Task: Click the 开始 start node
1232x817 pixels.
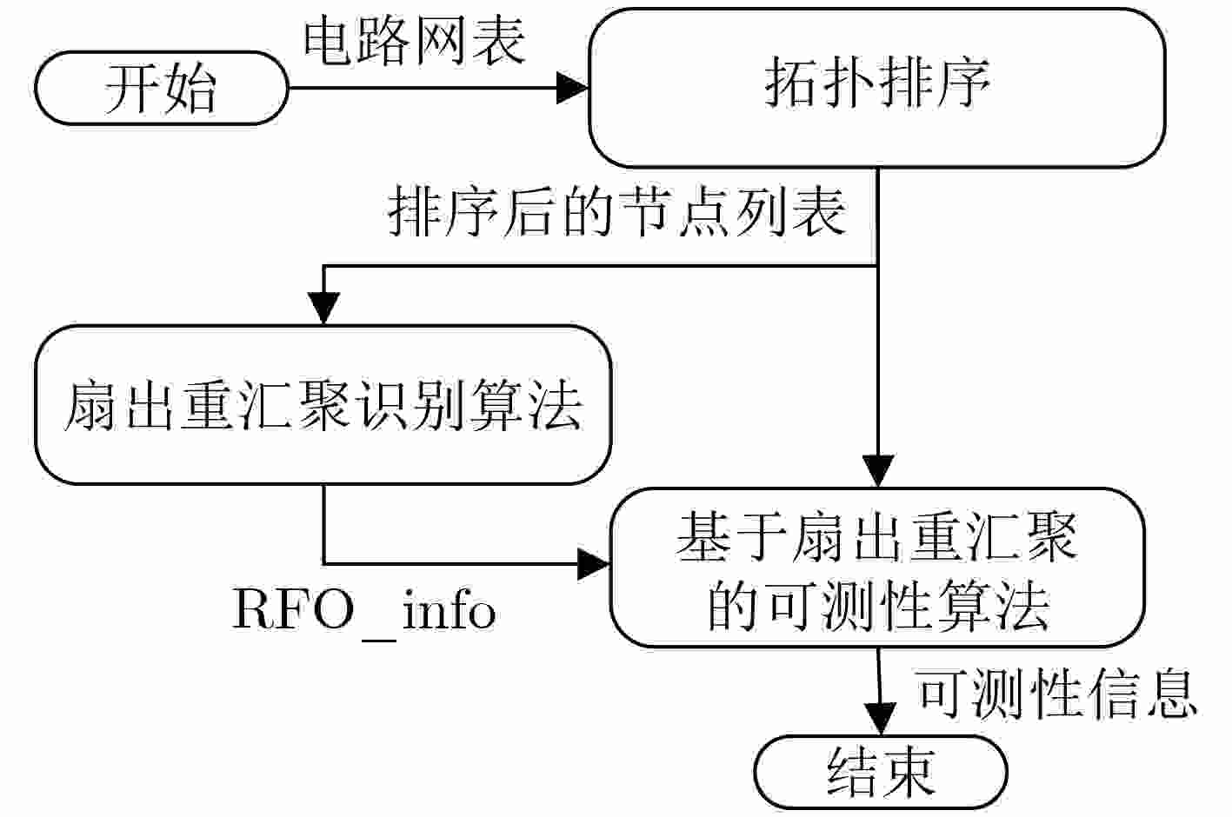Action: [161, 88]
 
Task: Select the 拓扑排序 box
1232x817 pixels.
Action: [876, 87]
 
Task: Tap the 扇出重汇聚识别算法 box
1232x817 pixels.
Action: [323, 405]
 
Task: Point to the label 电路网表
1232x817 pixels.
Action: [415, 41]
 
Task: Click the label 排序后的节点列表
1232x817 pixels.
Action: [616, 211]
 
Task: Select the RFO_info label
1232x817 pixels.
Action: [364, 610]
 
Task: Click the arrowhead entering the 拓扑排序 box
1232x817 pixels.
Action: [572, 87]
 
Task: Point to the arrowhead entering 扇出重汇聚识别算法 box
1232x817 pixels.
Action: [323, 308]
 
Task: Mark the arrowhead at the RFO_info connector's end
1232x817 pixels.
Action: [595, 565]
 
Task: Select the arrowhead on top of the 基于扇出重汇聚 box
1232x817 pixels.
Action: [878, 470]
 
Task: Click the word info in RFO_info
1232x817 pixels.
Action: [450, 610]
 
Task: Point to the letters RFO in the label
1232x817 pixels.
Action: [293, 609]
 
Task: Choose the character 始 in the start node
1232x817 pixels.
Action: [189, 88]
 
